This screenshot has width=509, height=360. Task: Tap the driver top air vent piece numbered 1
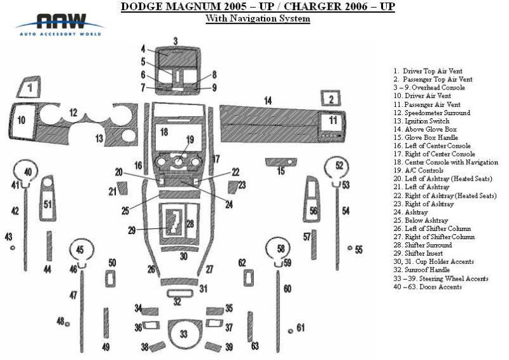(x=29, y=86)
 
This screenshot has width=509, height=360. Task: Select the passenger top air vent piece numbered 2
(x=331, y=99)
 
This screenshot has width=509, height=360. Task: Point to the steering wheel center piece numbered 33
(x=184, y=333)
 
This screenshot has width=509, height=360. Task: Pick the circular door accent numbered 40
(x=27, y=172)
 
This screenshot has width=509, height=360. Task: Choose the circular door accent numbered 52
(x=338, y=167)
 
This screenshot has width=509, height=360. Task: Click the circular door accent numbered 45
(x=80, y=249)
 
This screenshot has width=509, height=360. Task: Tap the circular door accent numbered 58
(x=281, y=248)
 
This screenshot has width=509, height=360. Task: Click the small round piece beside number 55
(x=349, y=249)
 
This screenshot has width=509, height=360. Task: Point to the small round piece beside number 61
(x=290, y=331)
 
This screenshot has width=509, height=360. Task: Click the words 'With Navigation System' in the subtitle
(x=258, y=19)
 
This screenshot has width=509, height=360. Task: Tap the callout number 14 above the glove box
(x=268, y=100)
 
